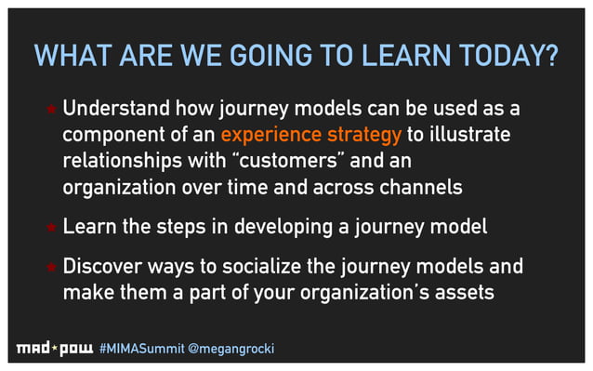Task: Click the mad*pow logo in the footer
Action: pos(54,350)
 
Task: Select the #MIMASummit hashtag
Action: pos(142,350)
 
